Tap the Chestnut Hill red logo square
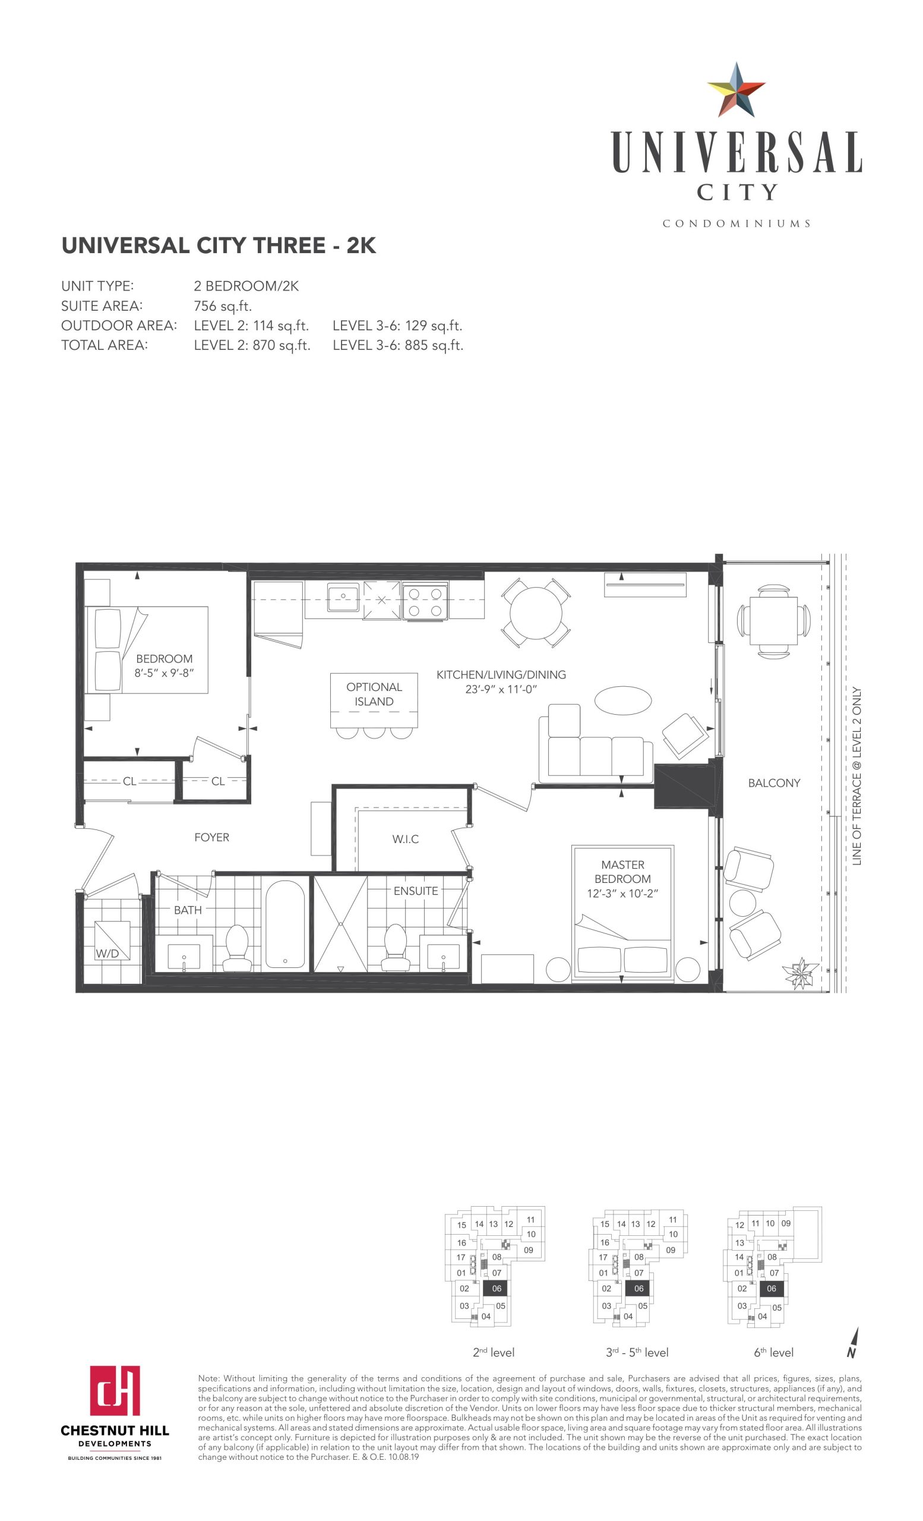point(115,1390)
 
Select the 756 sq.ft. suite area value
point(223,305)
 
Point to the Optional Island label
point(374,694)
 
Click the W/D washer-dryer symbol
point(112,940)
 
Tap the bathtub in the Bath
point(285,923)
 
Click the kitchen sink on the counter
point(343,597)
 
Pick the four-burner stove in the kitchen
point(425,601)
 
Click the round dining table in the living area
point(536,613)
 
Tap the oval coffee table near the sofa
point(622,700)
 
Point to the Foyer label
point(211,837)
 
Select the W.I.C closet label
point(405,839)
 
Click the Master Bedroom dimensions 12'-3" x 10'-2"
point(622,893)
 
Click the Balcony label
point(774,782)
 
